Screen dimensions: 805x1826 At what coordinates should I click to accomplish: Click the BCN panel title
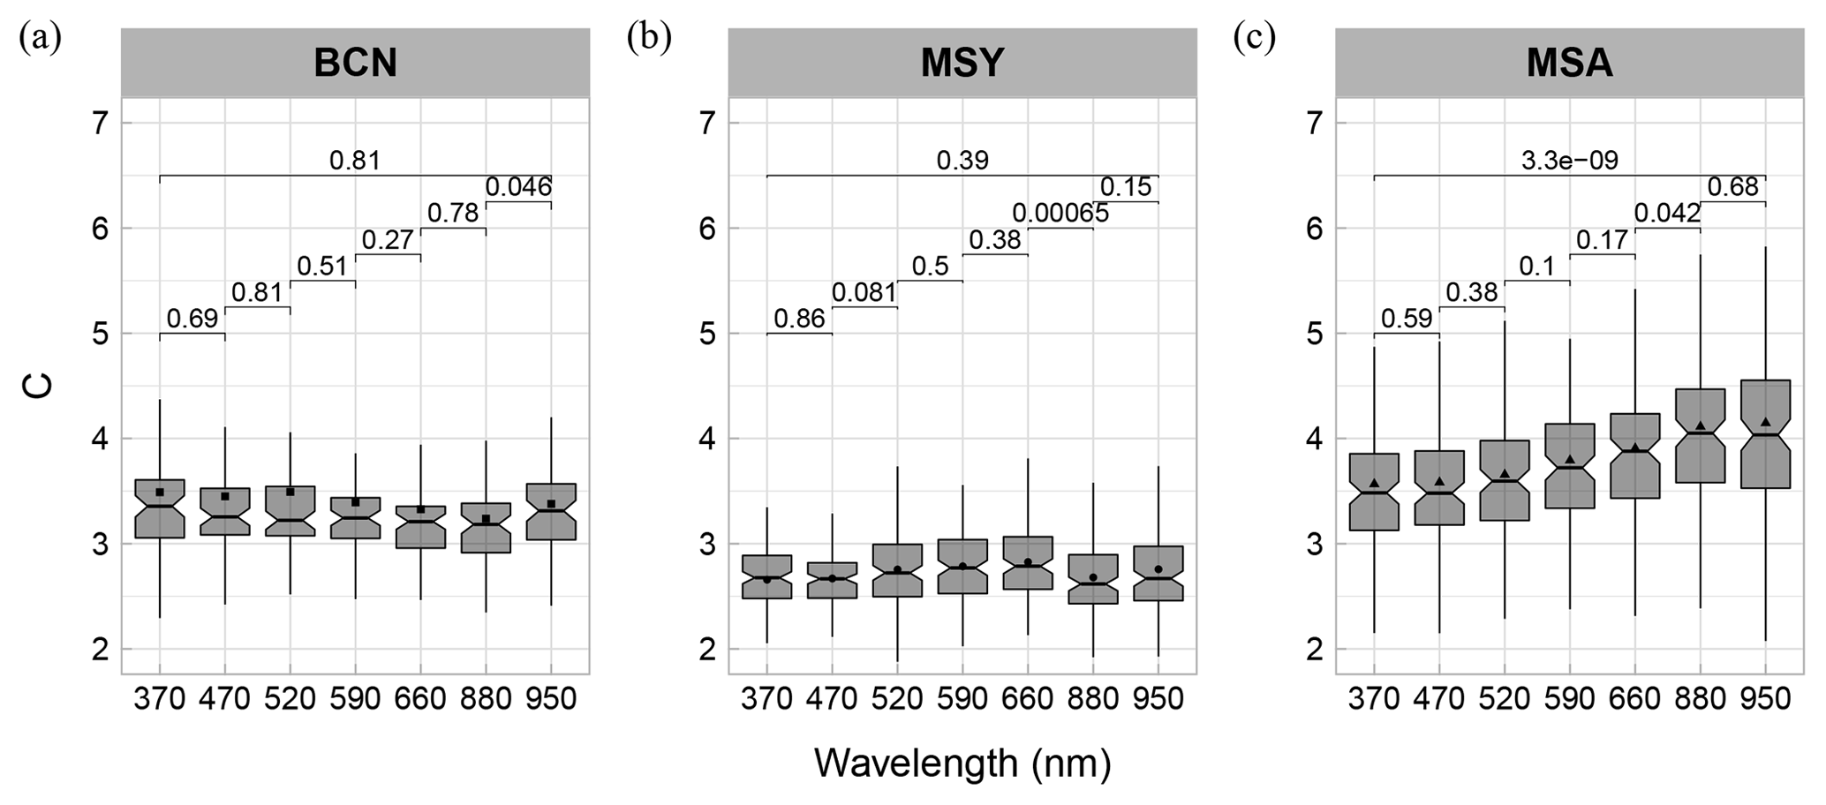355,63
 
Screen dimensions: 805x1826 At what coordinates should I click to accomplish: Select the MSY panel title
962,63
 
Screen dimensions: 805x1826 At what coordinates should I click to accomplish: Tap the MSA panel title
1569,63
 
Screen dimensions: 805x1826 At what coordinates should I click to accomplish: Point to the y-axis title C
40,386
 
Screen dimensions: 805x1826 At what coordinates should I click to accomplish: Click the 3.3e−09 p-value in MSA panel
1569,161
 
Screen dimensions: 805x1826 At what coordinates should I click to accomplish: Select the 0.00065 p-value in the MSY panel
1060,214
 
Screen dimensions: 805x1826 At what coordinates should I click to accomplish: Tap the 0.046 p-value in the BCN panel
518,187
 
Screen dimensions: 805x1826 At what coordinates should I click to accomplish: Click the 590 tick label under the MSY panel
962,699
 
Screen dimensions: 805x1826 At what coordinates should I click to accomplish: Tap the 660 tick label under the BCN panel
420,699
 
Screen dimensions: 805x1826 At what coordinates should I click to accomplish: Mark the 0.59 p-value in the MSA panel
1406,319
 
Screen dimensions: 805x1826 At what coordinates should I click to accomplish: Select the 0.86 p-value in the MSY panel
799,319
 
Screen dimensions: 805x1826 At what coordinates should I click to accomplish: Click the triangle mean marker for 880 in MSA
1701,425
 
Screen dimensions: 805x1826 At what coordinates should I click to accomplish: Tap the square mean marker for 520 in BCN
290,492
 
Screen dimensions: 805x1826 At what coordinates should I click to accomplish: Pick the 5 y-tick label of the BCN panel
100,334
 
